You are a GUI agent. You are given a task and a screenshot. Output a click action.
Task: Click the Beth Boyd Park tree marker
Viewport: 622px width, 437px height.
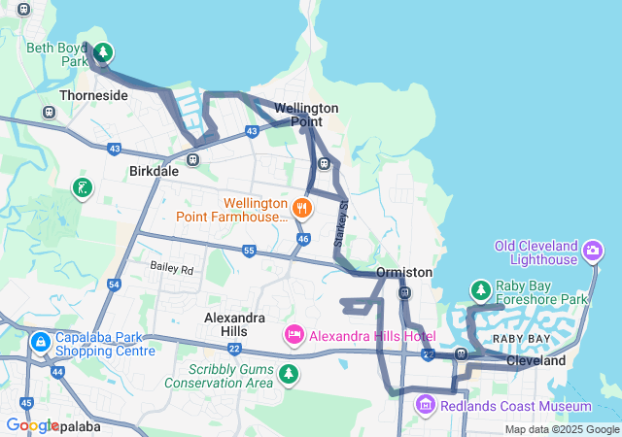pyautogui.click(x=103, y=52)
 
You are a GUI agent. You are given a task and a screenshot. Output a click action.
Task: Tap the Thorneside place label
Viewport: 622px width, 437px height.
pyautogui.click(x=93, y=96)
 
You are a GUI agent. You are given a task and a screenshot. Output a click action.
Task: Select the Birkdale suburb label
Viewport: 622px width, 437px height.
pyautogui.click(x=155, y=171)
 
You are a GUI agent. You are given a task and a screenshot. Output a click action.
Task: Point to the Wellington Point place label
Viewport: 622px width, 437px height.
pyautogui.click(x=306, y=115)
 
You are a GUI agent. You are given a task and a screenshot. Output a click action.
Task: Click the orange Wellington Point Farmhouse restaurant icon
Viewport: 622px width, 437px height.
pyautogui.click(x=302, y=207)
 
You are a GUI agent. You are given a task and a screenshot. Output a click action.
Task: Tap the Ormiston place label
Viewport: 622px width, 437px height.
pyautogui.click(x=403, y=272)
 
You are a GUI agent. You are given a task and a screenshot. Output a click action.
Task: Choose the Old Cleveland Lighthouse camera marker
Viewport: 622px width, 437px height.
pyautogui.click(x=592, y=252)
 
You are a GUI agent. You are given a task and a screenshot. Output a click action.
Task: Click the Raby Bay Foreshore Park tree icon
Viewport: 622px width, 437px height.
pyautogui.click(x=480, y=289)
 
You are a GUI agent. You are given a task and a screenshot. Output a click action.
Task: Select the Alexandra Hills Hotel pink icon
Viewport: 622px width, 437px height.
pyautogui.click(x=294, y=335)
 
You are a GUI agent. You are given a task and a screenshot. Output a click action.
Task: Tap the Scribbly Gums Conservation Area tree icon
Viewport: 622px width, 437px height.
pyautogui.click(x=288, y=373)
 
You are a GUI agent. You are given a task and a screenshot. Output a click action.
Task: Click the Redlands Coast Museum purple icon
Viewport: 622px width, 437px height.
pyautogui.click(x=426, y=404)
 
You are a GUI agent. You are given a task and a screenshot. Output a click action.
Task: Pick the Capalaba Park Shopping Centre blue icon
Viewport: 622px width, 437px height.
pyautogui.click(x=40, y=342)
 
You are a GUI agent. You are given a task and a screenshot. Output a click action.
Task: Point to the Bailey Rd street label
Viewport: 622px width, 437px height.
pyautogui.click(x=172, y=267)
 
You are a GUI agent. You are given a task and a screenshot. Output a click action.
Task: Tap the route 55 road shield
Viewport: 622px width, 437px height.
pyautogui.click(x=249, y=252)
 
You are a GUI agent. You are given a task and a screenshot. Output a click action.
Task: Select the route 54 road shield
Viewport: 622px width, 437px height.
pyautogui.click(x=115, y=285)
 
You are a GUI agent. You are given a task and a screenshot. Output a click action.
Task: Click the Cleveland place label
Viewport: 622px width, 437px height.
pyautogui.click(x=536, y=360)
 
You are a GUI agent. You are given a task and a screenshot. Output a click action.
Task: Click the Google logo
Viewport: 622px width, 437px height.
pyautogui.click(x=32, y=426)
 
